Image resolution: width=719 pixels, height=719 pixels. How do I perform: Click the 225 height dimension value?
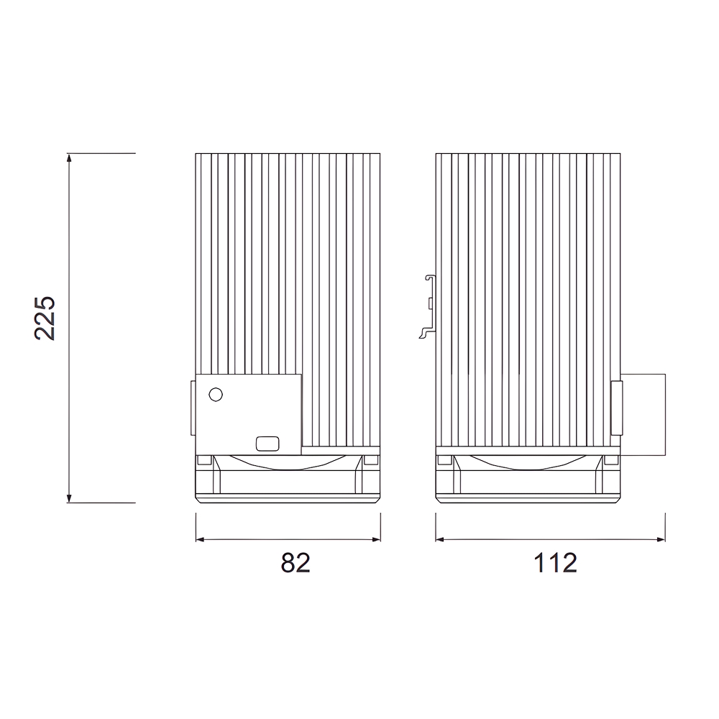45,317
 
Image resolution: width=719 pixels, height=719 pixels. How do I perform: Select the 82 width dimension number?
295,563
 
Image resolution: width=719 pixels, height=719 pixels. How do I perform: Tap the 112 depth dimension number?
555,563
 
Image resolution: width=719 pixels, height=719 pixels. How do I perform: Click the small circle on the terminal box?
215,394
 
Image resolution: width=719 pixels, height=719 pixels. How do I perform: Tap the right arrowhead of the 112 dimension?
659,539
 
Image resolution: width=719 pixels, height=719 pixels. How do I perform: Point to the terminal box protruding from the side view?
643,414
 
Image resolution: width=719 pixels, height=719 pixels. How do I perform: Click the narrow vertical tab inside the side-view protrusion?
616,408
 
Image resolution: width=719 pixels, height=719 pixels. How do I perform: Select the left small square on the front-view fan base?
204,459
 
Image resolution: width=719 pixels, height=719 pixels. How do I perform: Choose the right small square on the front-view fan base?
371,459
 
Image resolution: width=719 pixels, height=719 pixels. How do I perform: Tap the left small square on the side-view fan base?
444,459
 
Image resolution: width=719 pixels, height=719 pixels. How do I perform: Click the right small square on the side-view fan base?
612,459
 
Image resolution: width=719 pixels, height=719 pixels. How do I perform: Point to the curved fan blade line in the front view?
288,465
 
